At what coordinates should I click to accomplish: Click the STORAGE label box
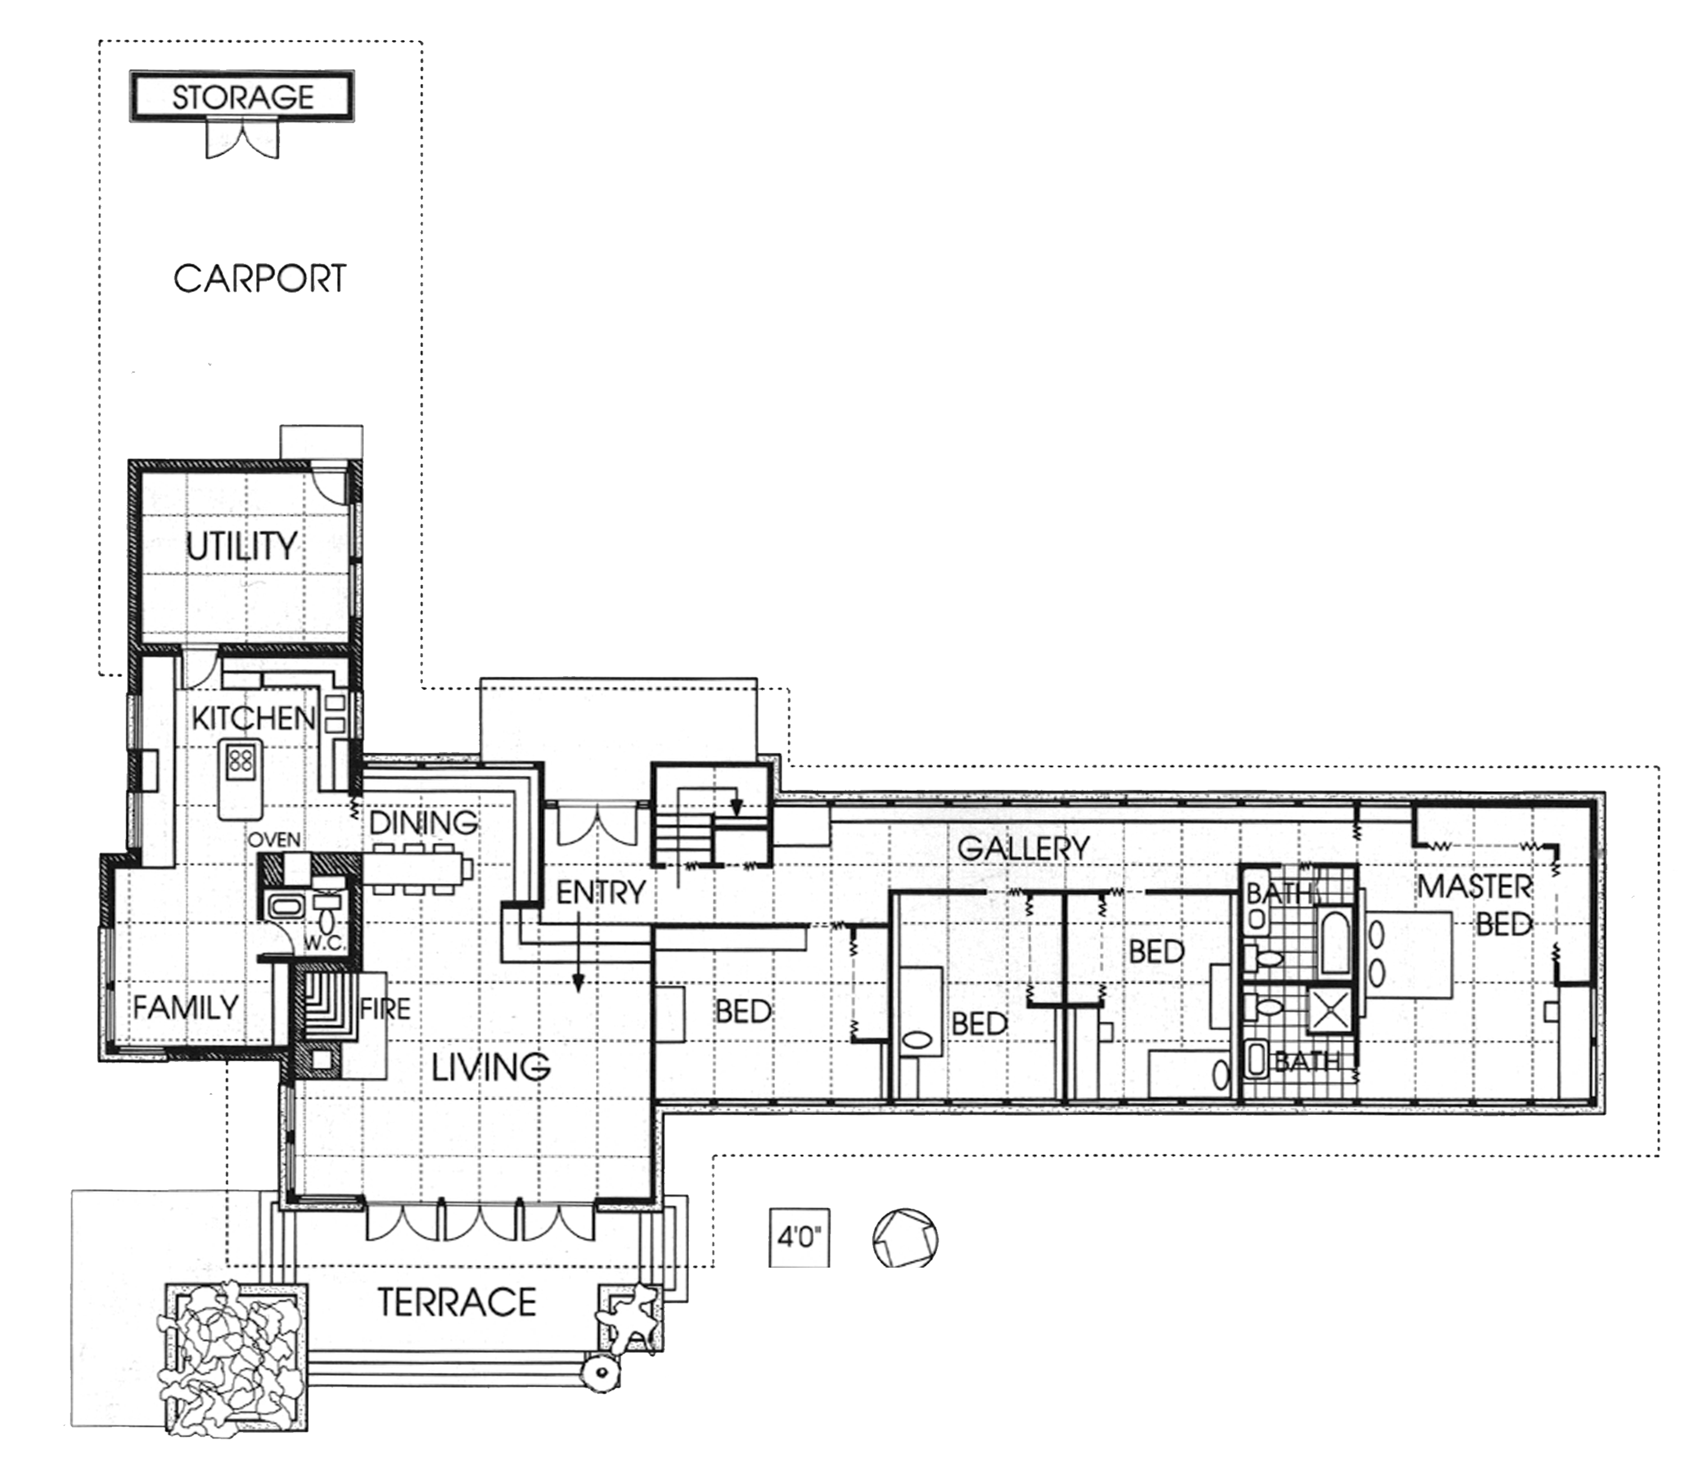click(242, 97)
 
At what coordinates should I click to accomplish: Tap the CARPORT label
click(260, 278)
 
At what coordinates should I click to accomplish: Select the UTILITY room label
click(241, 546)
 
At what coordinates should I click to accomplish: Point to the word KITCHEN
click(254, 718)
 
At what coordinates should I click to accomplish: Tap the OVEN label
click(274, 840)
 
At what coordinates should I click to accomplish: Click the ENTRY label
click(601, 892)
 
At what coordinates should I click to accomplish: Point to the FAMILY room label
click(186, 1007)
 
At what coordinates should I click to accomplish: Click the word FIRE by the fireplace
click(385, 1009)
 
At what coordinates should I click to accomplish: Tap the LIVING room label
click(491, 1068)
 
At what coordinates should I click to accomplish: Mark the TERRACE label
click(457, 1302)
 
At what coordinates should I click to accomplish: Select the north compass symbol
click(906, 1238)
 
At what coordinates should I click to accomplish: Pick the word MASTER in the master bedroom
click(1475, 887)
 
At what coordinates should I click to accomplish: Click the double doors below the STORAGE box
click(242, 139)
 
